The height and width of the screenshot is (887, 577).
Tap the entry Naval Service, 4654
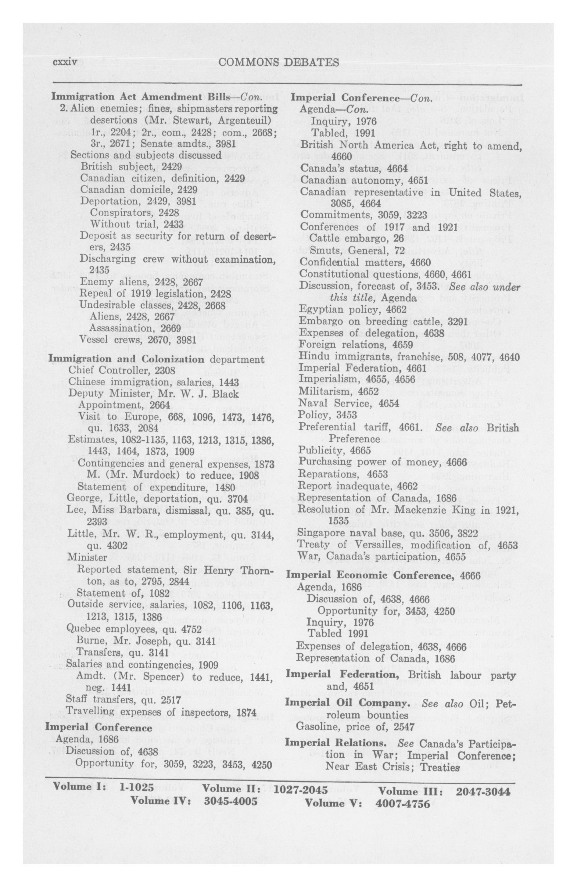(x=348, y=403)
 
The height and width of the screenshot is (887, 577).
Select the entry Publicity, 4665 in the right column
(x=334, y=451)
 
